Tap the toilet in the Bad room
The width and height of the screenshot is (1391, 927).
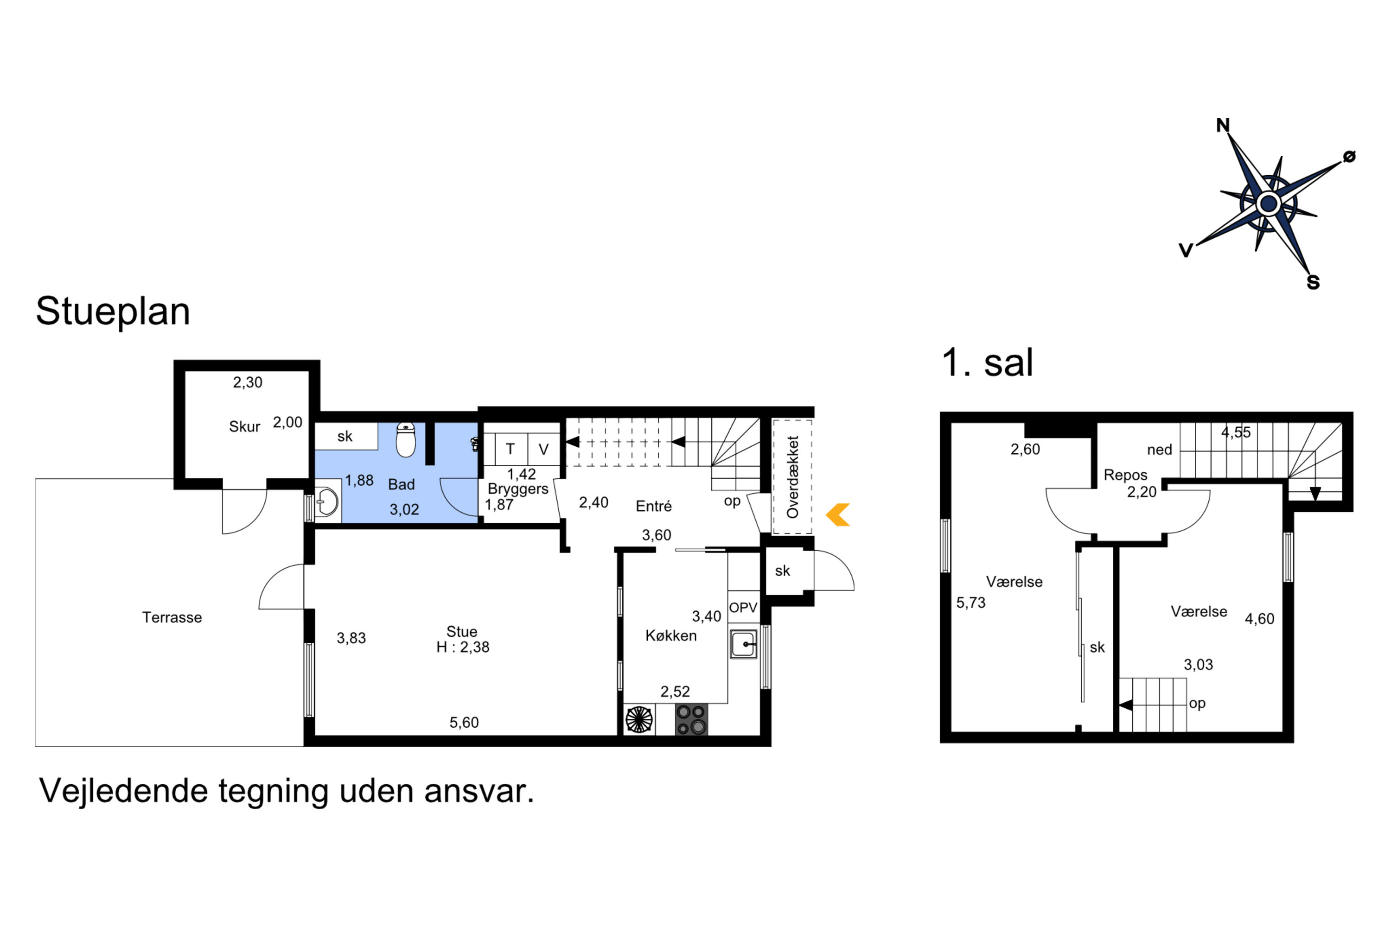[405, 439]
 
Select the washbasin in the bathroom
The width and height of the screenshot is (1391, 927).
[327, 502]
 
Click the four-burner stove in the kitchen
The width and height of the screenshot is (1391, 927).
[691, 719]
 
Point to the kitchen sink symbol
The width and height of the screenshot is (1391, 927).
[743, 644]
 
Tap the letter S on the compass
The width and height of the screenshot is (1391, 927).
[1313, 283]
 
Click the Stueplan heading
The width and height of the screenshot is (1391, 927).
[113, 311]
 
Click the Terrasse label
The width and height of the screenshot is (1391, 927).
[172, 617]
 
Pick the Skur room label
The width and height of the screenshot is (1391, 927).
[244, 426]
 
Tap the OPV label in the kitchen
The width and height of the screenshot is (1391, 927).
[743, 608]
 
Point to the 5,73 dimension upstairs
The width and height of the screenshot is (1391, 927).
[970, 603]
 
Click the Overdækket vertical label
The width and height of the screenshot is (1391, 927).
[792, 477]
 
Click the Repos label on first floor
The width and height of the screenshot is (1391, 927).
[1125, 475]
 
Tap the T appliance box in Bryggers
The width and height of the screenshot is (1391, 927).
[510, 449]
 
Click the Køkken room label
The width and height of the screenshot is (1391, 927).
[670, 635]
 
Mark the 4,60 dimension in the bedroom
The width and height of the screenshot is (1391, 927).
[1259, 619]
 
